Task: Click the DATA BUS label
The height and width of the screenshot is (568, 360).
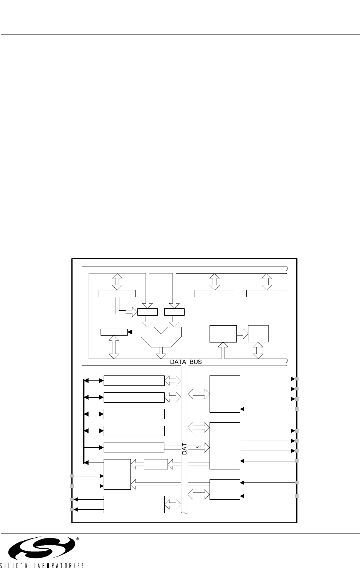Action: pyautogui.click(x=186, y=362)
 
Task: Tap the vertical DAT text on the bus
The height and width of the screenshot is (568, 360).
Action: pyautogui.click(x=184, y=449)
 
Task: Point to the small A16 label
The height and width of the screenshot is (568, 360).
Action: pyautogui.click(x=199, y=447)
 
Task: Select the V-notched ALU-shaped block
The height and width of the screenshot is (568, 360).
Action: pyautogui.click(x=161, y=336)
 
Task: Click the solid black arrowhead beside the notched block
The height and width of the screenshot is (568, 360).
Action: pyautogui.click(x=129, y=332)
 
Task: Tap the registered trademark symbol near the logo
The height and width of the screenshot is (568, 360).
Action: pyautogui.click(x=78, y=539)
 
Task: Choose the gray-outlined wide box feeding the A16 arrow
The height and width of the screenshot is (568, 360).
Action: pyautogui.click(x=134, y=447)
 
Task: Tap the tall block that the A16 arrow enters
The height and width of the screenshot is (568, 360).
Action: pyautogui.click(x=225, y=445)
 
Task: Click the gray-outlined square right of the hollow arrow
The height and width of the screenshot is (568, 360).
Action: pyautogui.click(x=258, y=333)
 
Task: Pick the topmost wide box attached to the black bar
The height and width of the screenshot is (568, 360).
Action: pyautogui.click(x=134, y=380)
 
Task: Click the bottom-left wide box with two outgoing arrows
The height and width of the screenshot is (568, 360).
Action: pyautogui.click(x=134, y=504)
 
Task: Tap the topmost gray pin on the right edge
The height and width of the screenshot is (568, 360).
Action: pyautogui.click(x=297, y=379)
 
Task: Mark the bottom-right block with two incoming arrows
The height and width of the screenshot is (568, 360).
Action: pyautogui.click(x=225, y=489)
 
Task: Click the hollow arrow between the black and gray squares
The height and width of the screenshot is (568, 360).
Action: pyautogui.click(x=242, y=333)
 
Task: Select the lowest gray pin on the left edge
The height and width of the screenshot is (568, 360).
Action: pyautogui.click(x=72, y=510)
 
